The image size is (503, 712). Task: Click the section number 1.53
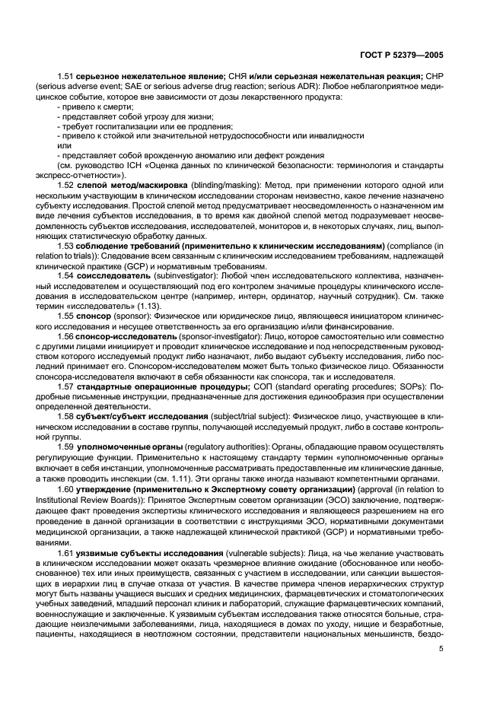67,246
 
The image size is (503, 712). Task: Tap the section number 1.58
67,440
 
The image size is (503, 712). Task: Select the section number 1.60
67,512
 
